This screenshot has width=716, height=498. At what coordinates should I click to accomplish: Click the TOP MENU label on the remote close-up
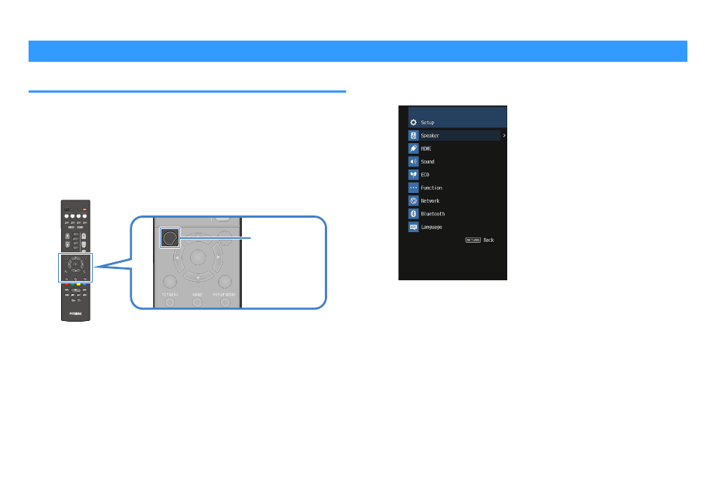coord(169,295)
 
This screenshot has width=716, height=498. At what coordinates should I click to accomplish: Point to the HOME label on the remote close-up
coord(197,295)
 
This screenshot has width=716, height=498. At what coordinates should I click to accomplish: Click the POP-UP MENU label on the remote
coord(225,295)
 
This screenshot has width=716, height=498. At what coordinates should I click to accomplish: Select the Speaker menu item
coord(430,136)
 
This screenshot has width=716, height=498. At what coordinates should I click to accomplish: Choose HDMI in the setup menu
coord(426,148)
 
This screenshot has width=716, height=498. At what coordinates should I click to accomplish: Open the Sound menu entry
coord(427,162)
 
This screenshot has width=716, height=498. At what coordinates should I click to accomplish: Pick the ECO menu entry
coord(425,175)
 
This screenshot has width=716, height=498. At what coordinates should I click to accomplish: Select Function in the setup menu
coord(431,188)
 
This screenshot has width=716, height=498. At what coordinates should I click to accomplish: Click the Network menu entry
coord(430,201)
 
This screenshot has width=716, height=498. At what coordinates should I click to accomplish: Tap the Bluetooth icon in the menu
coord(413,214)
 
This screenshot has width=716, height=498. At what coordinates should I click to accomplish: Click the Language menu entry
coord(431,227)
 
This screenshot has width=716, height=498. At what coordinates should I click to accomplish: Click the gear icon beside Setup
coord(413,122)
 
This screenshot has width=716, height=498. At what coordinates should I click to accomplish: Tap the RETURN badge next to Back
coord(473,240)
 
